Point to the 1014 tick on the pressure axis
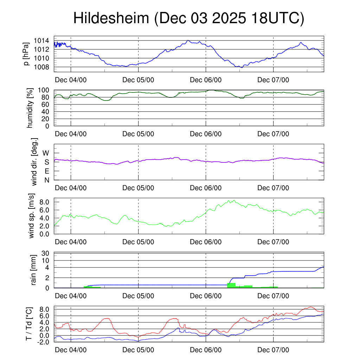(41, 40)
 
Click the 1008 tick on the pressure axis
(41, 67)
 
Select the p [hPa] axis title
(26, 54)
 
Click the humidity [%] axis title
(30, 108)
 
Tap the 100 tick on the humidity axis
(44, 90)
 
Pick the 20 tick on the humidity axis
(46, 119)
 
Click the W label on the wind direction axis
(46, 153)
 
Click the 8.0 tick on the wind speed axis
(44, 202)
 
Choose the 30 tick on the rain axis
(46, 253)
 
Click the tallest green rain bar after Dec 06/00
(231, 285)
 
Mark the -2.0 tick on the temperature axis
(43, 342)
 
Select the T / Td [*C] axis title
(30, 324)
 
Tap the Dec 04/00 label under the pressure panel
(71, 80)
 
